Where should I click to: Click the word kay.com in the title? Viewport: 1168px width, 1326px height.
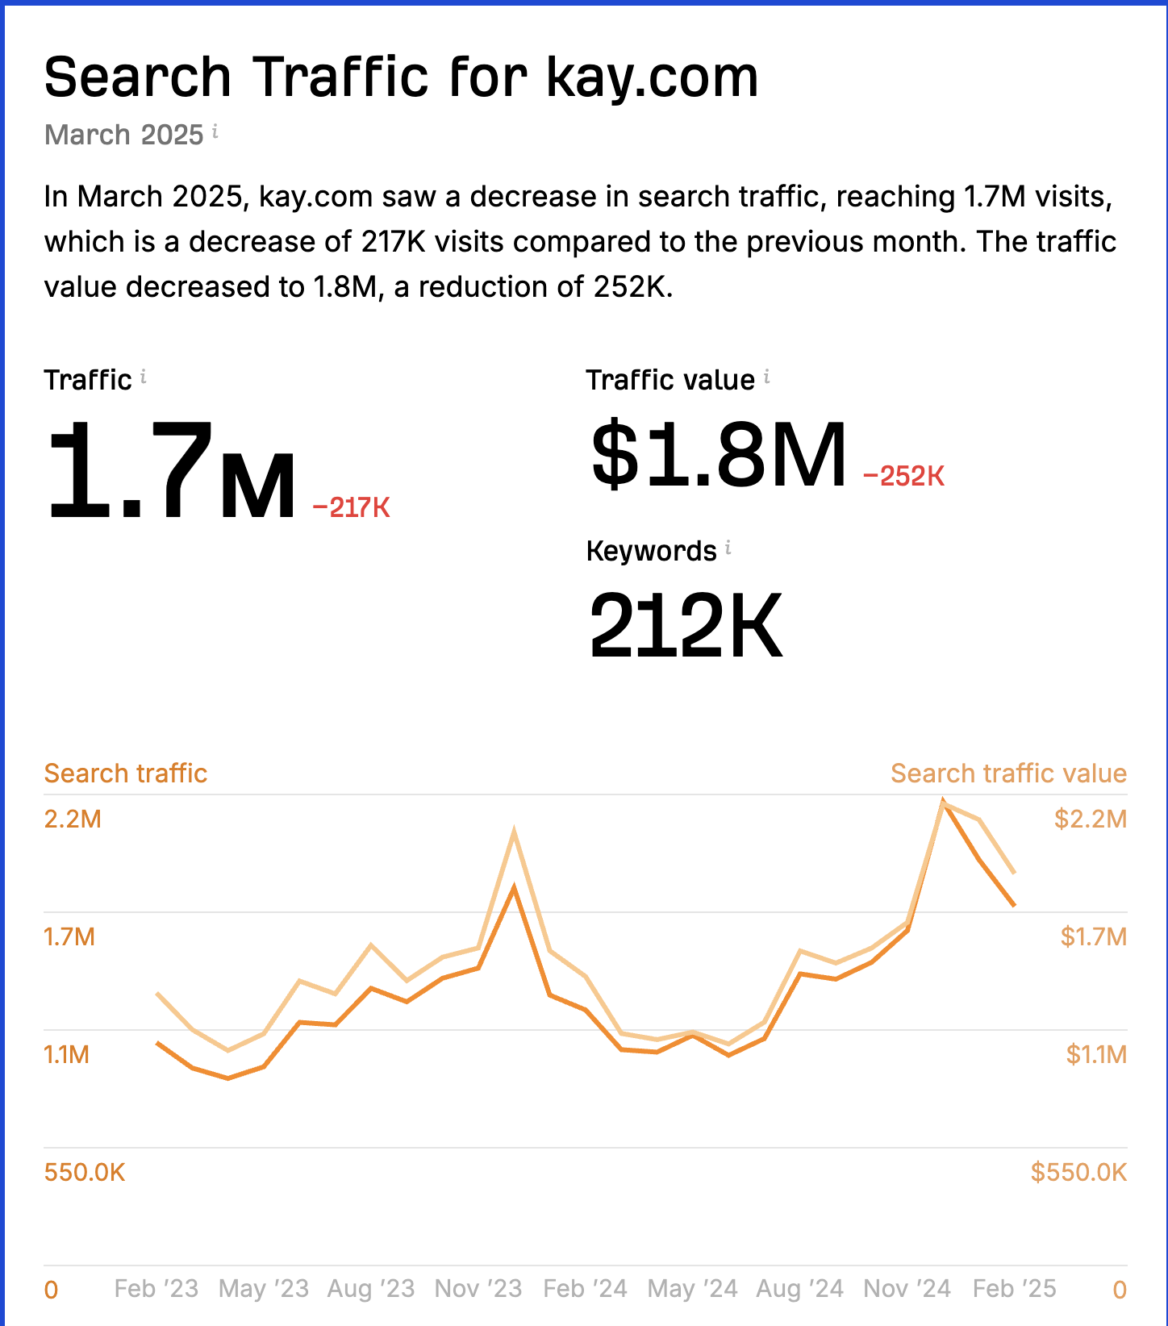pyautogui.click(x=652, y=78)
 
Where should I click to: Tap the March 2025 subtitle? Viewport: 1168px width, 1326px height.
pyautogui.click(x=123, y=135)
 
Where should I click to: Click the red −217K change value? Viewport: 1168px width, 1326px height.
pyautogui.click(x=351, y=507)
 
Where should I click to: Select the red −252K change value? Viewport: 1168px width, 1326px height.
pyautogui.click(x=903, y=476)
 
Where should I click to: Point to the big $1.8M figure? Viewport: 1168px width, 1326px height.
pyautogui.click(x=718, y=456)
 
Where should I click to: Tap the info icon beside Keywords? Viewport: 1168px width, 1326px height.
pyautogui.click(x=728, y=548)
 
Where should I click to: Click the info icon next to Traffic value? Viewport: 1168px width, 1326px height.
pyautogui.click(x=766, y=377)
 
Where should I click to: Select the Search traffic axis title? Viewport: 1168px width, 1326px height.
pyautogui.click(x=126, y=773)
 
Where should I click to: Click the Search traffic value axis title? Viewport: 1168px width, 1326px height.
pyautogui.click(x=1008, y=773)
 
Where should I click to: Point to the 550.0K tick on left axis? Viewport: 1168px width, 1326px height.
pyautogui.click(x=85, y=1172)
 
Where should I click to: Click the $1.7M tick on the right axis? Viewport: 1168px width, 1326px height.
pyautogui.click(x=1093, y=936)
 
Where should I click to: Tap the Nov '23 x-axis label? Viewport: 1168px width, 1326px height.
pyautogui.click(x=478, y=1288)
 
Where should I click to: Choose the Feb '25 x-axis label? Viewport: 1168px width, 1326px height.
pyautogui.click(x=1014, y=1288)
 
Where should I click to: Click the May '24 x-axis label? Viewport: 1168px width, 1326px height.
pyautogui.click(x=692, y=1288)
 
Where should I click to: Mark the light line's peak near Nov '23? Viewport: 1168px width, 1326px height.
pyautogui.click(x=514, y=832)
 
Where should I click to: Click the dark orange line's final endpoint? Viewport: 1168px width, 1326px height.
pyautogui.click(x=1014, y=905)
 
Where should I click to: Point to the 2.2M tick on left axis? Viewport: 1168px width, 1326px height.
pyautogui.click(x=73, y=819)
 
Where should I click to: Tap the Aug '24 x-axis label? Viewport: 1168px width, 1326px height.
pyautogui.click(x=799, y=1288)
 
